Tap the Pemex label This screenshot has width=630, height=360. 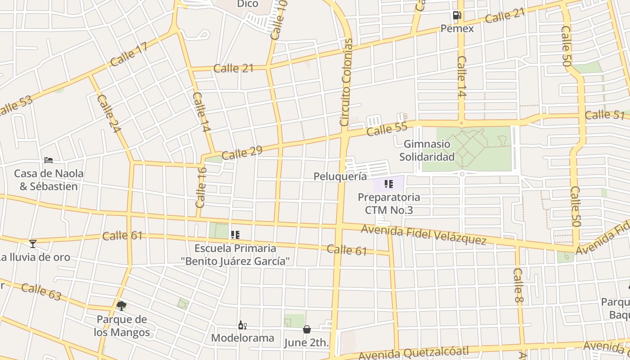457,29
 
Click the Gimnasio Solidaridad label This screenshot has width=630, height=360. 427,150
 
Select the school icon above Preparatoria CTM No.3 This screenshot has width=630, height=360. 389,184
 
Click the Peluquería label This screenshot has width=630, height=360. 340,176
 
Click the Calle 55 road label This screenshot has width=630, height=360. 387,130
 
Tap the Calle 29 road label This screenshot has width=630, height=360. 242,153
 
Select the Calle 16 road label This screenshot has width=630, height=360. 201,187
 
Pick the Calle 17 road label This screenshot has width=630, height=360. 129,55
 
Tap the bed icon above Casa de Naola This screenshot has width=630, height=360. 49,160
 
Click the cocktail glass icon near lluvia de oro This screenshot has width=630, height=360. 32,243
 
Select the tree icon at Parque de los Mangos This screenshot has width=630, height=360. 121,306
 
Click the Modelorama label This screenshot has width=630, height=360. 243,338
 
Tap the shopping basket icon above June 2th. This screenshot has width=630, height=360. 306,329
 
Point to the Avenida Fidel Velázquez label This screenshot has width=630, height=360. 423,235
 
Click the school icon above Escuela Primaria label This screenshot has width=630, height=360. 235,234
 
